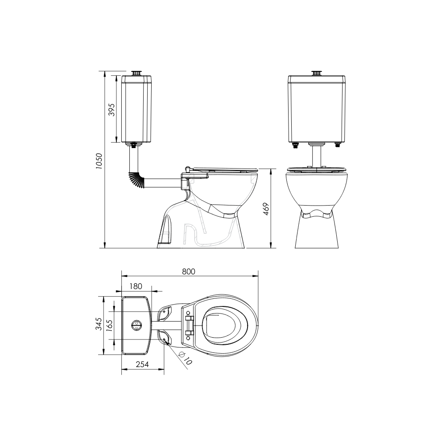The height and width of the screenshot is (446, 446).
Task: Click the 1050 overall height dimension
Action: (99, 161)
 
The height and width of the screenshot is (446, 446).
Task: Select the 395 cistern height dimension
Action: (112, 109)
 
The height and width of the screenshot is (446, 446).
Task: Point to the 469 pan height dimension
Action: (266, 208)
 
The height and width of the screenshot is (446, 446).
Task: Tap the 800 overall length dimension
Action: (189, 271)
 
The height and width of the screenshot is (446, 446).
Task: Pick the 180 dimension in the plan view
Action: (136, 286)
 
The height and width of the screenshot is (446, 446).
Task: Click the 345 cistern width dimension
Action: (99, 324)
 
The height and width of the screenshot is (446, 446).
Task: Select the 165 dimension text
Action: (110, 324)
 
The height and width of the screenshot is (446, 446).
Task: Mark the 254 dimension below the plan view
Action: (142, 364)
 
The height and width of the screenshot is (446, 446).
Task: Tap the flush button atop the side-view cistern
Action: (137, 73)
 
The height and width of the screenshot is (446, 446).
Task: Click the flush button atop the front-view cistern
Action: (317, 73)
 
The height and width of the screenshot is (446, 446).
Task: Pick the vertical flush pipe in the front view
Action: (317, 156)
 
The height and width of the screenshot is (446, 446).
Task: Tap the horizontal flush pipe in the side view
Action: (163, 183)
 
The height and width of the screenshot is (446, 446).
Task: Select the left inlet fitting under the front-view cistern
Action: (295, 145)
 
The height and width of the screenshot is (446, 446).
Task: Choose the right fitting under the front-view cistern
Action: (338, 145)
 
